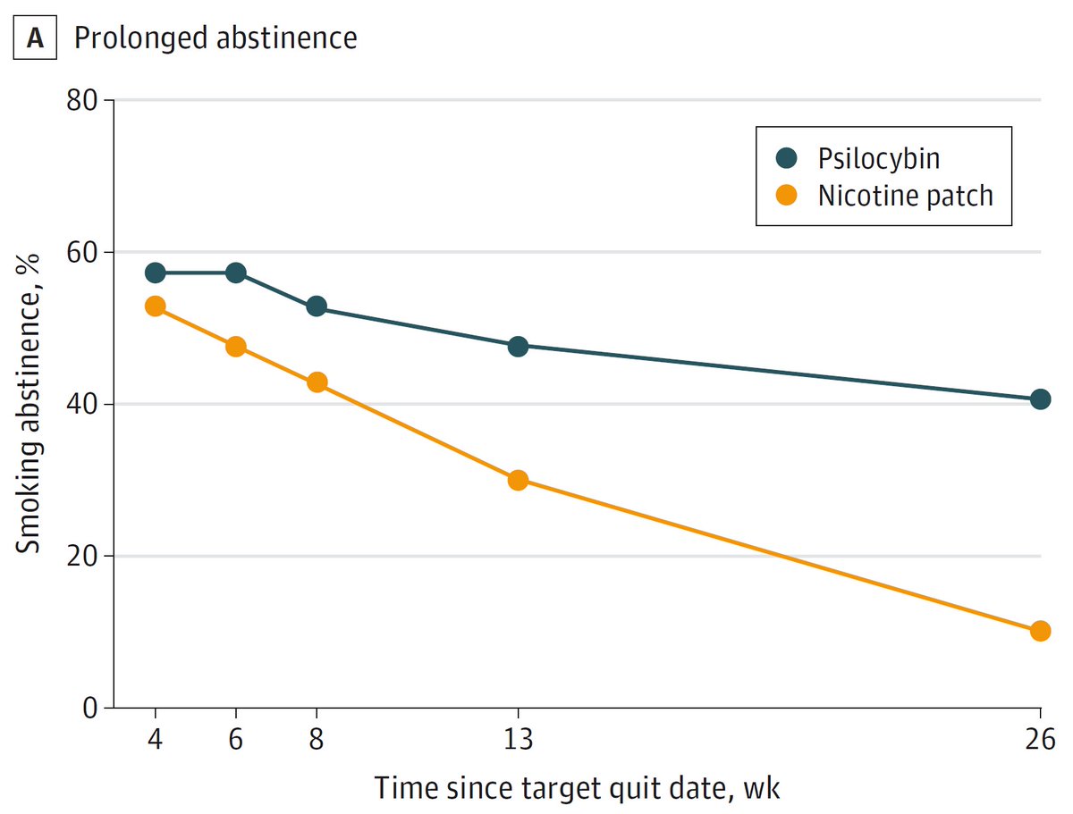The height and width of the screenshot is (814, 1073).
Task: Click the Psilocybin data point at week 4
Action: click(155, 273)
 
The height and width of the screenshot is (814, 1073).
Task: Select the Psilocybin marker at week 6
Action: click(236, 273)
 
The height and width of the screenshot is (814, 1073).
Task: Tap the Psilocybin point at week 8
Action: click(317, 306)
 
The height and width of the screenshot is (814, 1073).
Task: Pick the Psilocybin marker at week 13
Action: click(518, 346)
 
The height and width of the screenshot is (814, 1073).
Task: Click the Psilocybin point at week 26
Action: click(1040, 399)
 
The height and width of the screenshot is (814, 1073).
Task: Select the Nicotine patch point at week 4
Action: click(155, 306)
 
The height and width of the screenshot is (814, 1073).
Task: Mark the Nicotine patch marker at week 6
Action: click(236, 347)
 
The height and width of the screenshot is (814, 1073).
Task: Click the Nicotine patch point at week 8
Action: click(317, 382)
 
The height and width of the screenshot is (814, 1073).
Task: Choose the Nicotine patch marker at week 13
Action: click(518, 480)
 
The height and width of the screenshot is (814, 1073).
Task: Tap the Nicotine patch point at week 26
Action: click(1040, 631)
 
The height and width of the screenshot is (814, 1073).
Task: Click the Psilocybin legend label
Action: click(879, 158)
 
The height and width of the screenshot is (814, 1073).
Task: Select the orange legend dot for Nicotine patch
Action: click(787, 196)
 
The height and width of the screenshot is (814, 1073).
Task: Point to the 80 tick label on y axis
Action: click(84, 100)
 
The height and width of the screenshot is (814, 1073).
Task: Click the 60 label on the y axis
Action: click(84, 252)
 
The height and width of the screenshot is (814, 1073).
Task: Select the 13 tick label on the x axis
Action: click(518, 741)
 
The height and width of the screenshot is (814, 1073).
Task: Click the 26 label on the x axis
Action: click(1040, 741)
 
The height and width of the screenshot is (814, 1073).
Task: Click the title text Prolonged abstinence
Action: click(215, 38)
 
